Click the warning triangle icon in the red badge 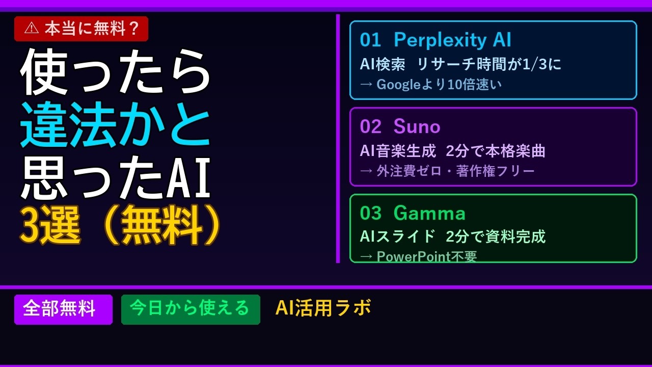tap(32, 28)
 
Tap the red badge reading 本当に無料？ tap(81, 29)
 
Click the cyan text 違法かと tap(115, 124)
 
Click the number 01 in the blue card tap(370, 40)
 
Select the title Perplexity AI tap(452, 40)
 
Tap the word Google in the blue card tap(398, 85)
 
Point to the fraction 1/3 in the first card tap(535, 64)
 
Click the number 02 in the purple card tap(370, 126)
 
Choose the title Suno tap(417, 126)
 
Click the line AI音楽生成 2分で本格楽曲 tap(452, 151)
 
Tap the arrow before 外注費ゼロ tap(366, 171)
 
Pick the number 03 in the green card tap(370, 213)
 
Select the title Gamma tap(429, 213)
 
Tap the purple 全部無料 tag tap(64, 309)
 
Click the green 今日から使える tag tap(191, 309)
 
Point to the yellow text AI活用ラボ tap(323, 307)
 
